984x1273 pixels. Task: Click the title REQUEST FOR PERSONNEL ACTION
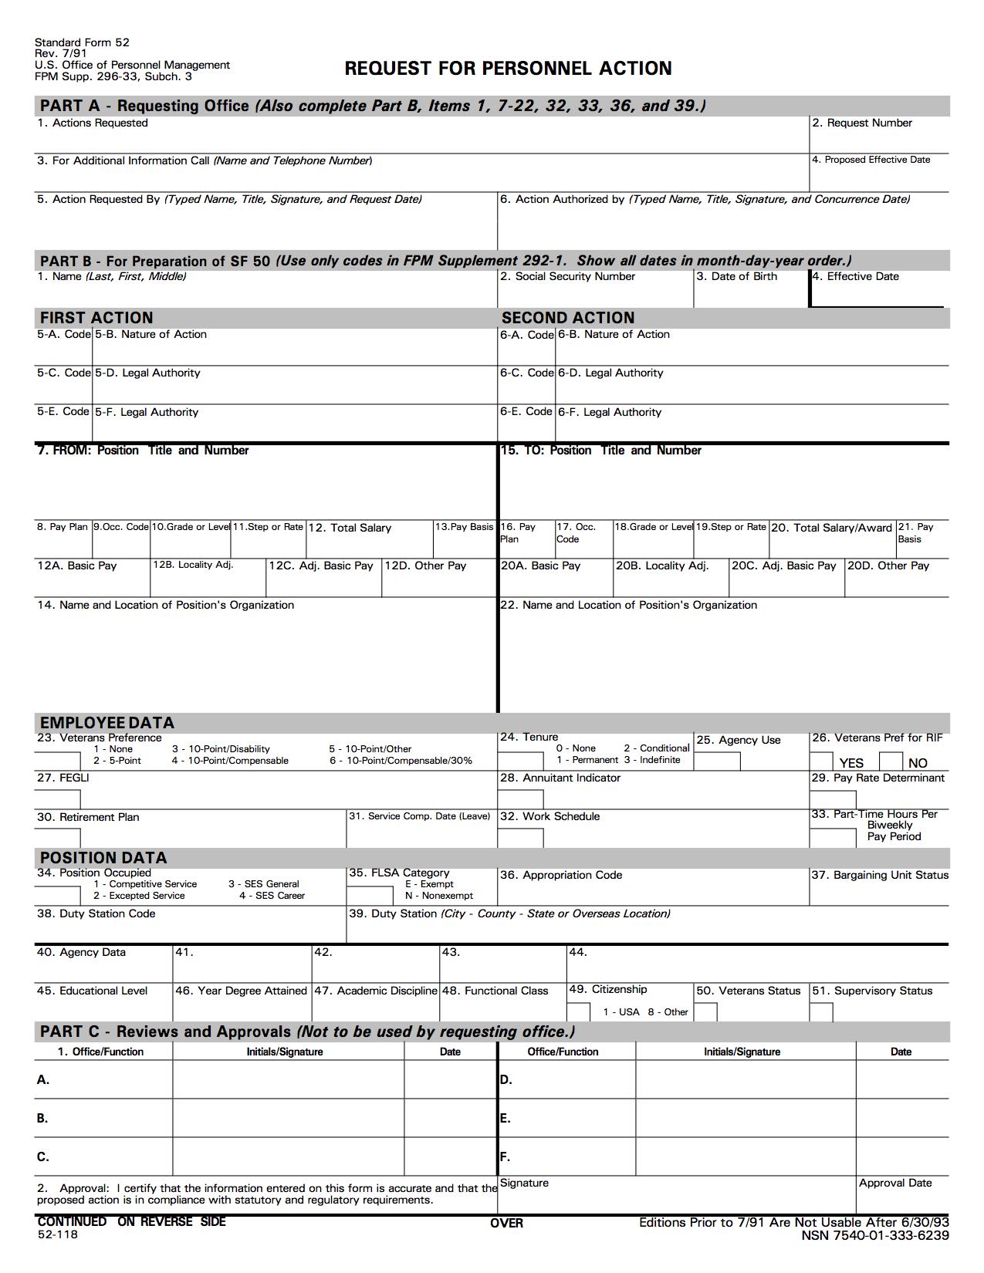point(508,69)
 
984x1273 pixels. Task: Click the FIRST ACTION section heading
point(96,318)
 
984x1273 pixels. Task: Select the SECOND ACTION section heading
point(568,318)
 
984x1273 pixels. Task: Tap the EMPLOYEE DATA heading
point(107,723)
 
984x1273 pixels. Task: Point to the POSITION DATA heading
point(103,858)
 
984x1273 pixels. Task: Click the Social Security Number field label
point(567,276)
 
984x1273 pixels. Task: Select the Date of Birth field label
point(736,276)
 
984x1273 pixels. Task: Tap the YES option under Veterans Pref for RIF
point(851,763)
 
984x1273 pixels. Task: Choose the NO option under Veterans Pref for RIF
point(918,763)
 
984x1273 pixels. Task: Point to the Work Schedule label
point(549,816)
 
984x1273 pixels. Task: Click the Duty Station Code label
point(96,913)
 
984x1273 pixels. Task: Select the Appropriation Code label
point(561,875)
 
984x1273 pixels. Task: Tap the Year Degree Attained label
point(241,991)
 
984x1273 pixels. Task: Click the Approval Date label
point(895,1183)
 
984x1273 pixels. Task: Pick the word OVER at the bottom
point(506,1223)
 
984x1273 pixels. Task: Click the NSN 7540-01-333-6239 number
point(875,1235)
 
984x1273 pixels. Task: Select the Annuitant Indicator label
point(560,778)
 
